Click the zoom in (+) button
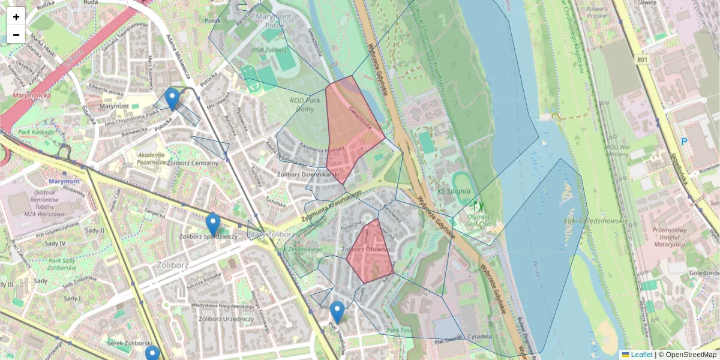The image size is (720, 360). tap(16, 17)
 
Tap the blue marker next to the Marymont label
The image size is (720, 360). tap(172, 99)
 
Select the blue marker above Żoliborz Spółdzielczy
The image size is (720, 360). tap(212, 224)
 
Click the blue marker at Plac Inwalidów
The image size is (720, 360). tap(337, 312)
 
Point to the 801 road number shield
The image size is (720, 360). tap(643, 60)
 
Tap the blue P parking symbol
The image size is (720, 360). tap(685, 142)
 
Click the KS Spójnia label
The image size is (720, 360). tap(469, 191)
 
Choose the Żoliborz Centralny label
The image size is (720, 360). tap(194, 163)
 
